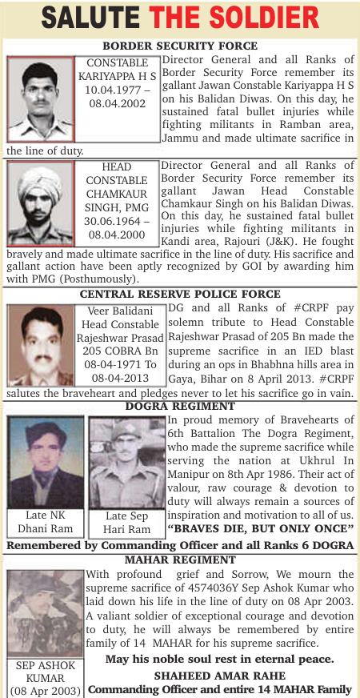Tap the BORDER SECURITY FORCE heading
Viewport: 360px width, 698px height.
point(180,46)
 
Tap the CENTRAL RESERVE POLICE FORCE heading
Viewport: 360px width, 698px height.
point(180,295)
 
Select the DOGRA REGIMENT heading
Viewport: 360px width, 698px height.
point(180,407)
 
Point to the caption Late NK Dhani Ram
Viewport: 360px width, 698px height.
point(46,521)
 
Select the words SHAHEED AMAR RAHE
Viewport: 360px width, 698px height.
point(220,675)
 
